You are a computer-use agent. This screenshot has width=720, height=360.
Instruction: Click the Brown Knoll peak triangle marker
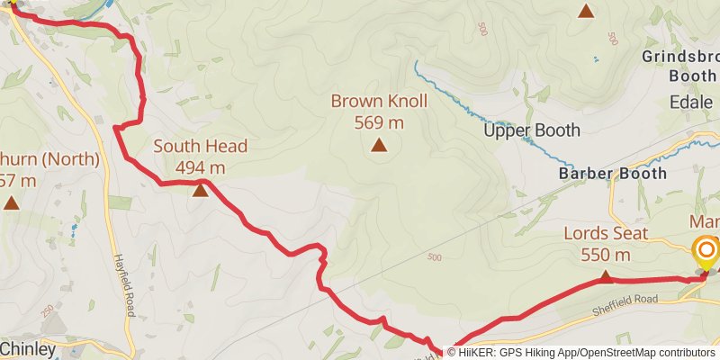379,144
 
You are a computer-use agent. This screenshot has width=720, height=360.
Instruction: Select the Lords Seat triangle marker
605,276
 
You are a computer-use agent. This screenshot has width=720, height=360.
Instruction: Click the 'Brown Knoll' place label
379,101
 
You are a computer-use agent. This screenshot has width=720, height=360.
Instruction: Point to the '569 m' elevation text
379,122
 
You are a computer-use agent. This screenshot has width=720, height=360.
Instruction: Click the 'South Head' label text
200,146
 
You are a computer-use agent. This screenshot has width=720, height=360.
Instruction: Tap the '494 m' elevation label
200,167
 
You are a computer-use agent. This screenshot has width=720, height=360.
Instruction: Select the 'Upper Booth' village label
532,130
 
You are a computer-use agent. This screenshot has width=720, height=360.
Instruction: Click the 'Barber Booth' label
613,173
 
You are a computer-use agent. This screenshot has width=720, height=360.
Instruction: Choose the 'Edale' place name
691,103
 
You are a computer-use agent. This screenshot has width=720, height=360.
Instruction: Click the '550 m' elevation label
605,255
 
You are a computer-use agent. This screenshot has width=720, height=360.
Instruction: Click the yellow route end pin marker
706,251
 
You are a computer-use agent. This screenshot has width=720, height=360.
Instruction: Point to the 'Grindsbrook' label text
680,57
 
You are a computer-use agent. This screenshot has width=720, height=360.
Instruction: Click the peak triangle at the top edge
586,12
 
